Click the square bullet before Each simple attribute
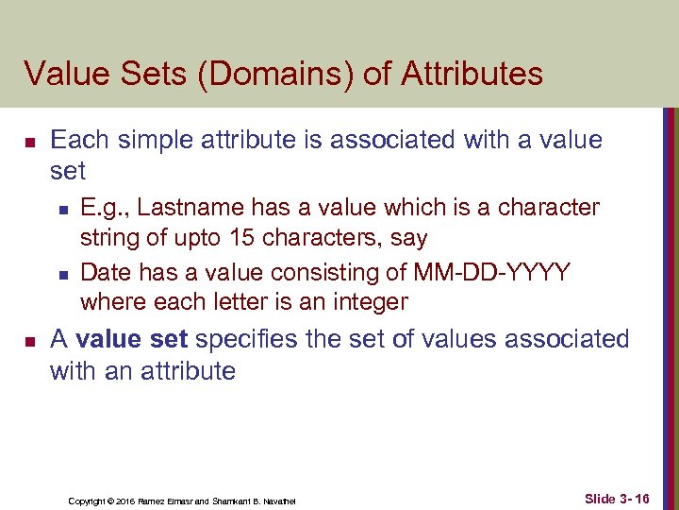29,142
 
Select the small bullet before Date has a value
61,274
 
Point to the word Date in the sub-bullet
106,272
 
